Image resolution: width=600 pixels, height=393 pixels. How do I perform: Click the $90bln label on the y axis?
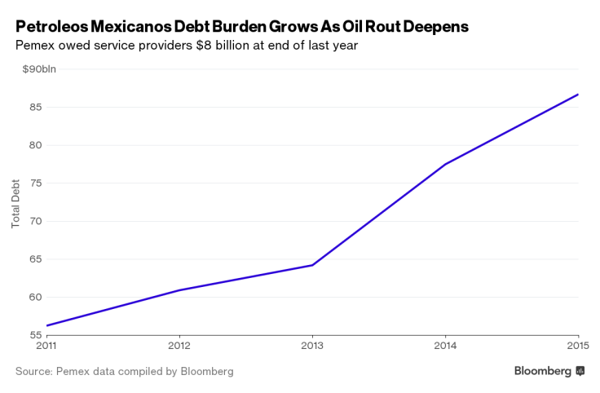point(39,69)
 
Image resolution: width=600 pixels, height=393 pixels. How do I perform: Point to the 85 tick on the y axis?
point(35,107)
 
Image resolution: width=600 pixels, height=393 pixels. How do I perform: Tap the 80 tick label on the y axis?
point(35,145)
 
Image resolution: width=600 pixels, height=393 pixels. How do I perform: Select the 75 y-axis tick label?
point(35,183)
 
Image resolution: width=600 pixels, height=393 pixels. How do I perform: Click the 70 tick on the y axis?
point(35,221)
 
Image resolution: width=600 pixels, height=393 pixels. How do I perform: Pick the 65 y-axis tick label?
point(35,259)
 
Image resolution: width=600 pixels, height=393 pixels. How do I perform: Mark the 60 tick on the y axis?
point(35,297)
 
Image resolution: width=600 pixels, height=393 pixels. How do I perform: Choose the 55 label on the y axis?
point(35,334)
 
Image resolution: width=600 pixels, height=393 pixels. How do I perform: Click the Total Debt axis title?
point(15,202)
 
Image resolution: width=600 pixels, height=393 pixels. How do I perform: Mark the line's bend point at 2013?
point(312,265)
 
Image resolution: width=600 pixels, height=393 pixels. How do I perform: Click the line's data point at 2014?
point(445,164)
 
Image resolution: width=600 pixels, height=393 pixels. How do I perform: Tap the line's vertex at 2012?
point(179,290)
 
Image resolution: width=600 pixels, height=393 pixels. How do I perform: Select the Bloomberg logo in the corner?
point(549,371)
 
